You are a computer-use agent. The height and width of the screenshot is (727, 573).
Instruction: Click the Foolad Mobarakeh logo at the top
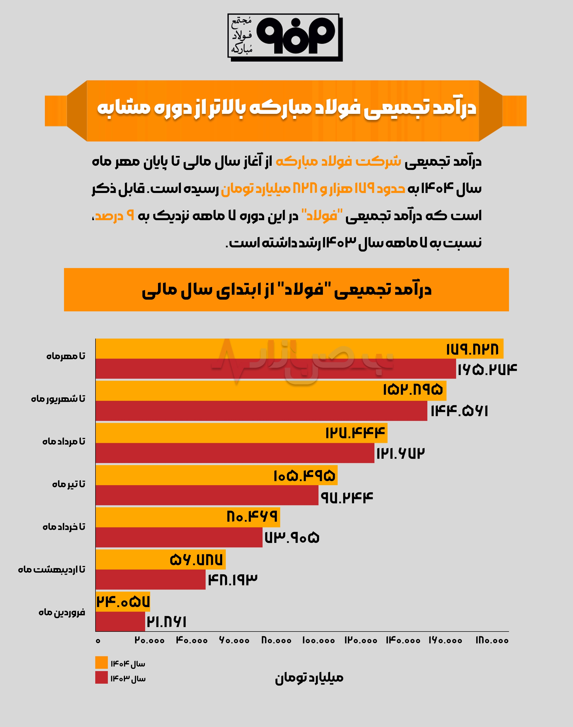point(285,38)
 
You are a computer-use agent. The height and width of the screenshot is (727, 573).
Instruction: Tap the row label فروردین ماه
point(62,612)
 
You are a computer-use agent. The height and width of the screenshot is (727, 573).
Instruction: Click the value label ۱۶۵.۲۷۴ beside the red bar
point(487,370)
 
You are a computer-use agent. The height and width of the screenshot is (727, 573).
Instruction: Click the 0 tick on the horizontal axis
point(98,641)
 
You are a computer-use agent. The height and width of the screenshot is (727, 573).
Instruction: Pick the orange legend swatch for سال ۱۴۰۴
point(101,663)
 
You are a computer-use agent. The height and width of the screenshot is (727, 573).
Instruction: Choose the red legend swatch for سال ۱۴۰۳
point(101,677)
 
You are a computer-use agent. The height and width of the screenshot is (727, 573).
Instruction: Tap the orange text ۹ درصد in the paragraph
point(114,215)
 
